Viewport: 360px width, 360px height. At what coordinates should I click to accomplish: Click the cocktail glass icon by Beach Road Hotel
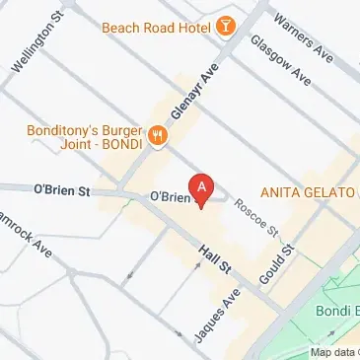pyautogui.click(x=226, y=25)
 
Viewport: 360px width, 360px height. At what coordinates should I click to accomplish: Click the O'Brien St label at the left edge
pyautogui.click(x=61, y=187)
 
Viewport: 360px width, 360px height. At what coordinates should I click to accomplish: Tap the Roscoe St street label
pyautogui.click(x=257, y=216)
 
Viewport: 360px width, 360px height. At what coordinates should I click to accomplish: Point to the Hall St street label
pyautogui.click(x=213, y=260)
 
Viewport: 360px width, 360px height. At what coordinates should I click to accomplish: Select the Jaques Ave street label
pyautogui.click(x=217, y=316)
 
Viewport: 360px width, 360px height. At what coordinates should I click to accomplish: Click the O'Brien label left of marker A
pyautogui.click(x=169, y=196)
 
